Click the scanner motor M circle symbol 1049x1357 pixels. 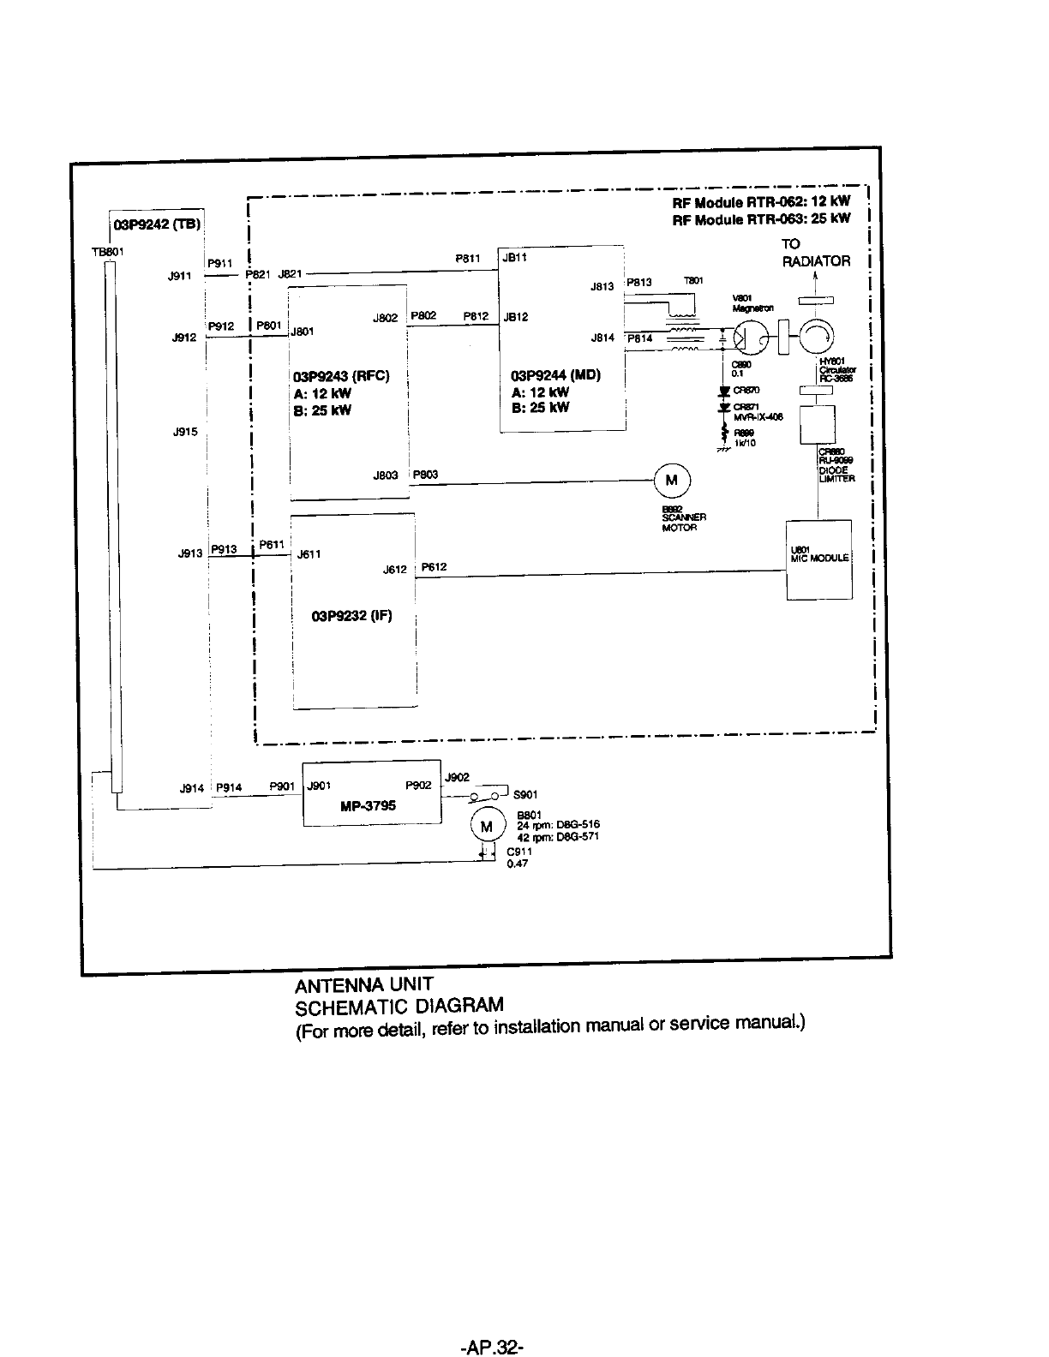[x=672, y=481]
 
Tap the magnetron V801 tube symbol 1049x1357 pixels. [x=746, y=337]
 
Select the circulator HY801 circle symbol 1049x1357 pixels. [x=818, y=336]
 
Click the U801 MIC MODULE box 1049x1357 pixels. [x=818, y=559]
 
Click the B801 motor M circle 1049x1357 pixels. [x=487, y=827]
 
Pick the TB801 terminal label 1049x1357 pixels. [x=108, y=252]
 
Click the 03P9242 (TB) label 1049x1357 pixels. [x=157, y=225]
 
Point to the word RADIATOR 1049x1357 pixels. [x=816, y=261]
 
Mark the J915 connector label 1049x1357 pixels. [x=185, y=432]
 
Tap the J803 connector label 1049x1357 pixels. [x=386, y=475]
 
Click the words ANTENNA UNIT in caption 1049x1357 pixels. [x=364, y=983]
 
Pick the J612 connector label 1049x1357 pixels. [x=394, y=570]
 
